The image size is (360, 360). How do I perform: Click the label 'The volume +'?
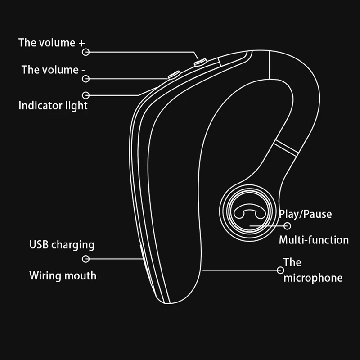point(51,43)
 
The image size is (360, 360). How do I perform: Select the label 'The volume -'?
point(53,70)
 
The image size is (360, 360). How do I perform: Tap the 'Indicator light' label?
point(53,106)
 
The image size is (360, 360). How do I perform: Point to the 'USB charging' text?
point(62,245)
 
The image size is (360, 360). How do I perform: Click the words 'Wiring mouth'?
point(63,275)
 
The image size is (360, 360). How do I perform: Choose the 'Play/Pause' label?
point(305,214)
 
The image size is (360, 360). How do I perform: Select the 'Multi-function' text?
point(314,240)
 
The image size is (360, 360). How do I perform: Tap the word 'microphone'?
point(313,278)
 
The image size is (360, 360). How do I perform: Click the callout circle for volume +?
point(86,52)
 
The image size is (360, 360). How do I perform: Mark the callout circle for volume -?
point(86,79)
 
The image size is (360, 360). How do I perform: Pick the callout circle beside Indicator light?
point(86,95)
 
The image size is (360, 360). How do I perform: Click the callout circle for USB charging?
point(86,259)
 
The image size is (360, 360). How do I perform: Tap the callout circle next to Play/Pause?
point(287,226)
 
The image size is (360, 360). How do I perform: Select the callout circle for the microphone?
point(280,270)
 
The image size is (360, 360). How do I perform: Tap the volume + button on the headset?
point(200,62)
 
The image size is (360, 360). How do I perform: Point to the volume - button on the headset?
point(174,75)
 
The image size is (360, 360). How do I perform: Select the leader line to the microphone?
point(241,270)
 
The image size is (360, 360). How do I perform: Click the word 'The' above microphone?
point(292,262)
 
